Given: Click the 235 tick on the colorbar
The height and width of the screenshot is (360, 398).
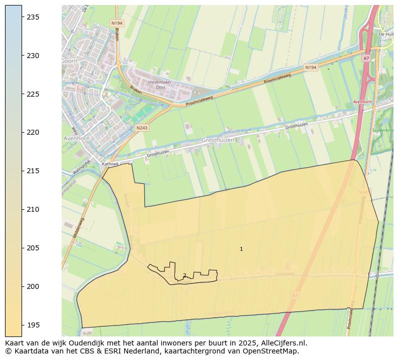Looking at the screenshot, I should point(33,17).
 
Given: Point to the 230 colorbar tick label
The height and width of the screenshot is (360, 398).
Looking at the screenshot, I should point(33,56).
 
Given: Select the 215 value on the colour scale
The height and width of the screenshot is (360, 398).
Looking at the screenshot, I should point(33,171).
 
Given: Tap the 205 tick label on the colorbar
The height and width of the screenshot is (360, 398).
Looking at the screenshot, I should point(33,248).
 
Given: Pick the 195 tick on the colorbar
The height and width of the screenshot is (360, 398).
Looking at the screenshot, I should point(33,325).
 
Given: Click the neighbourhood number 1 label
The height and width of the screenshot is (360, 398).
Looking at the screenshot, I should point(241,249).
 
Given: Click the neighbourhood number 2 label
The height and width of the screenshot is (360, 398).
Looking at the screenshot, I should point(184,275).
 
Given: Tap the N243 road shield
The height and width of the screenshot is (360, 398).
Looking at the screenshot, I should point(142,128).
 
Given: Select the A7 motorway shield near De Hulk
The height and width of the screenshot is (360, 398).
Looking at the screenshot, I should point(366,59).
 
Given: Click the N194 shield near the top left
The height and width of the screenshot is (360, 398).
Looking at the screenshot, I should point(116,23).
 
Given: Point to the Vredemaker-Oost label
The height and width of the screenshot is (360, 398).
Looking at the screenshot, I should point(159,85).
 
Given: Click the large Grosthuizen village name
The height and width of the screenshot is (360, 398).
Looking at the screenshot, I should point(218,141).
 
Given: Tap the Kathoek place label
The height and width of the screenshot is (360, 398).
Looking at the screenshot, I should point(110,164).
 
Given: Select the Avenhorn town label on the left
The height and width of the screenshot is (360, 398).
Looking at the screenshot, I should point(76,138).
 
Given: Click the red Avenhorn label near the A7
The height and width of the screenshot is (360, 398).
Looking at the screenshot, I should point(362,102).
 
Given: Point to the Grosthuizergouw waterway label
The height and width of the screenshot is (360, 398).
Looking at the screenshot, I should point(235,132).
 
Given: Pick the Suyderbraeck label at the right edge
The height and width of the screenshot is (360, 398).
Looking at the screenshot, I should point(383,130).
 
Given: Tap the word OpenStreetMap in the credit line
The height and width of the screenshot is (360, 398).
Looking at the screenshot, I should point(274,351).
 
